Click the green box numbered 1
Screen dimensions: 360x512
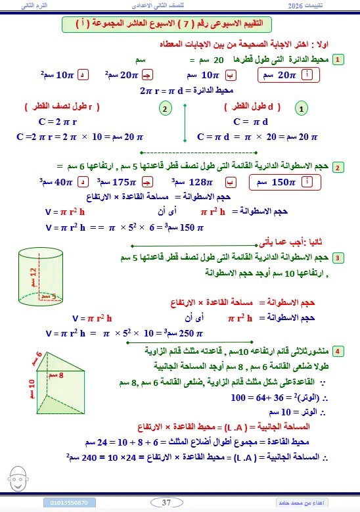[x=338, y=60]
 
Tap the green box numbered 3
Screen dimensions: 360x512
[x=338, y=257]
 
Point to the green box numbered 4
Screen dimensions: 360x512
[x=338, y=350]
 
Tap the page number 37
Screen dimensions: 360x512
[x=166, y=503]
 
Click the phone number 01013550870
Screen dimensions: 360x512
[x=73, y=503]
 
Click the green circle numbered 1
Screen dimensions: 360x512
[x=301, y=108]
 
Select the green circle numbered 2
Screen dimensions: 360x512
[x=166, y=108]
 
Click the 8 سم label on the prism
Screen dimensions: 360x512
[x=66, y=375]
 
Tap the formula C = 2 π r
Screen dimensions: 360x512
[x=57, y=122]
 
